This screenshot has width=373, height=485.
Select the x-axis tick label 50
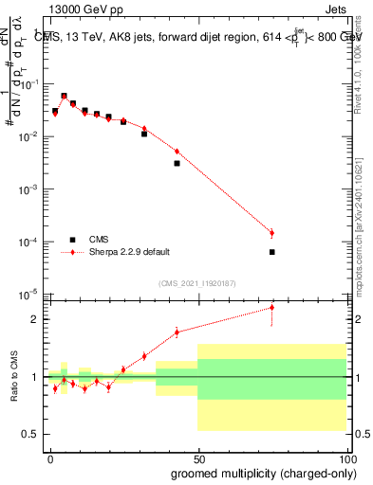tap(198, 458)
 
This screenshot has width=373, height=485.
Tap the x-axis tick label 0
tap(50, 458)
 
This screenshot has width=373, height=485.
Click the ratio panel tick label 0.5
tap(32, 434)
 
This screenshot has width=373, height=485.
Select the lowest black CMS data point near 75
tap(271, 252)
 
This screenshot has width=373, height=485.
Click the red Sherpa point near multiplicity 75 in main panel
tap(271, 233)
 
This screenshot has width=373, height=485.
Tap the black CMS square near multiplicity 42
tap(177, 163)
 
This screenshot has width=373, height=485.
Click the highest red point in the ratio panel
tap(271, 307)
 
